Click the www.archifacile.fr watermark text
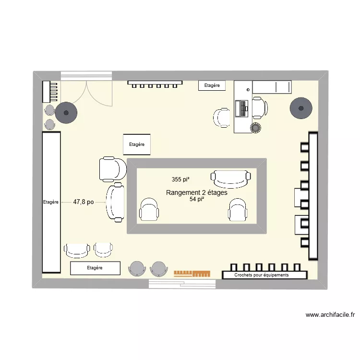pyautogui.click(x=330, y=315)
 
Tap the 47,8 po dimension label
pyautogui.click(x=84, y=202)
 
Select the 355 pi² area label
pyautogui.click(x=180, y=180)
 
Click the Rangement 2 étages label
pyautogui.click(x=196, y=192)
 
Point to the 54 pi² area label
pyautogui.click(x=197, y=199)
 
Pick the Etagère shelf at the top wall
pyautogui.click(x=212, y=85)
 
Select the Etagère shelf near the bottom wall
pyautogui.click(x=95, y=268)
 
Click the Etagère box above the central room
pyautogui.click(x=137, y=144)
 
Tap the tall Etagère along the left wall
pyautogui.click(x=51, y=202)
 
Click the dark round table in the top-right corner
pyautogui.click(x=301, y=109)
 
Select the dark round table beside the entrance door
pyautogui.click(x=66, y=113)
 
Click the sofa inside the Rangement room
pyautogui.click(x=231, y=179)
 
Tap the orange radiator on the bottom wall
pyautogui.click(x=192, y=274)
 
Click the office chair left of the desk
pyautogui.click(x=222, y=118)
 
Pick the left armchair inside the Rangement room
pyautogui.click(x=149, y=210)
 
